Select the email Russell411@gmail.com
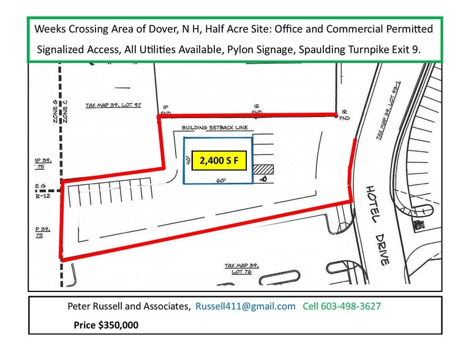245,306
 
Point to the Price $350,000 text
106,325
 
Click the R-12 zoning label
42,197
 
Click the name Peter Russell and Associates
129,306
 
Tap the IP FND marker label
165,110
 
